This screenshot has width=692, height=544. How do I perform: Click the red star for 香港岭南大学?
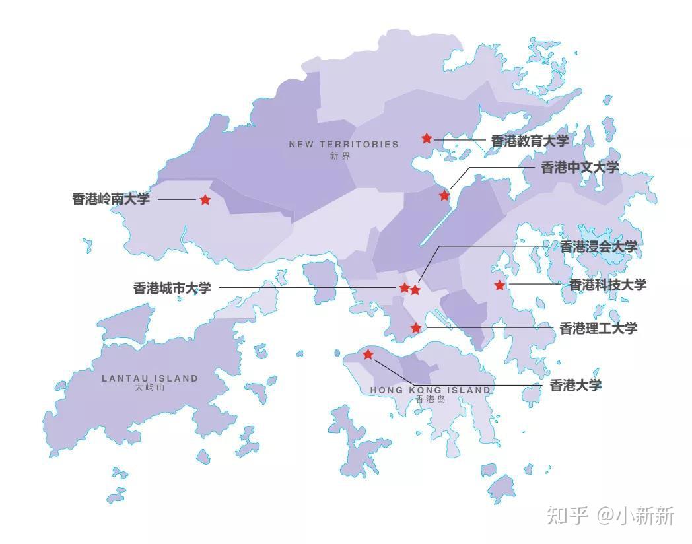(205, 199)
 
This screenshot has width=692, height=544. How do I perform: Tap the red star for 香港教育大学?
(427, 138)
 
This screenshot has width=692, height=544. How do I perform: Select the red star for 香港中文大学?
(444, 195)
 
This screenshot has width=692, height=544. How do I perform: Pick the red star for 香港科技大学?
(500, 285)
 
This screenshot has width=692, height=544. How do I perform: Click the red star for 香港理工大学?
(416, 328)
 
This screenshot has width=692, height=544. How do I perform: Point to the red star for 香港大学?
(368, 355)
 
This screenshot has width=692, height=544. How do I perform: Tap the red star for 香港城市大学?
(405, 288)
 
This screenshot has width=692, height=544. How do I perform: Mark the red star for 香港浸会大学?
(415, 290)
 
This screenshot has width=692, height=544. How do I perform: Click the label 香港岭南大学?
(111, 199)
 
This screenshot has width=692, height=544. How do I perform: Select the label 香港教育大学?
(530, 141)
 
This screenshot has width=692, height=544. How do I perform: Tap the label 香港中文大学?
(580, 167)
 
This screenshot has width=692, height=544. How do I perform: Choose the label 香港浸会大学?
(598, 247)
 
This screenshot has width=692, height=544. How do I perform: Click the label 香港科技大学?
(607, 285)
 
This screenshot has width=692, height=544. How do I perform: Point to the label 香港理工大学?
(598, 328)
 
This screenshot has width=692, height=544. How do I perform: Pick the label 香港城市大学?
(172, 288)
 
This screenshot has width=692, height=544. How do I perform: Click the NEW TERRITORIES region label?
(343, 144)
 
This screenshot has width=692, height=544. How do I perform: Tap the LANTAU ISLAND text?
(150, 378)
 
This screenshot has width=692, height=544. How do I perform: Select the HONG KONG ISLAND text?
(431, 390)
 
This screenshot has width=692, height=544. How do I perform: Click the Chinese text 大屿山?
(149, 388)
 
